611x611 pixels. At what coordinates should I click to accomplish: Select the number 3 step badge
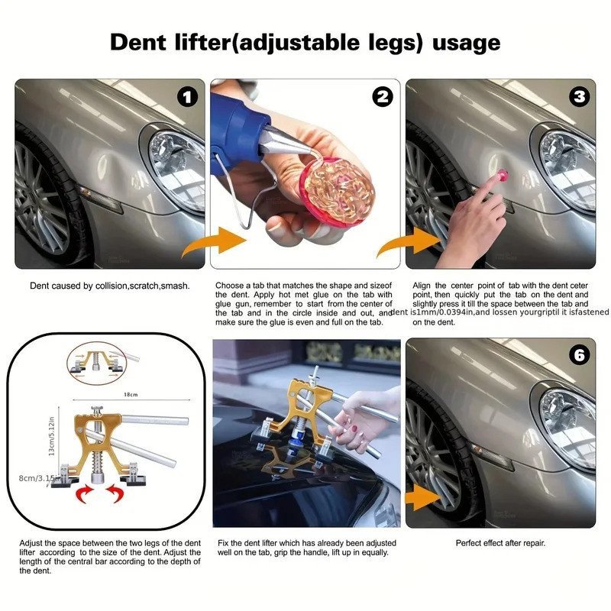(579, 97)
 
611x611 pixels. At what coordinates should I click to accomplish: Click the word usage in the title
(467, 42)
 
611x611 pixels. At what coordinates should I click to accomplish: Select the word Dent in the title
(138, 42)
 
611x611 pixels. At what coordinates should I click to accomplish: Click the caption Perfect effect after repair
(500, 543)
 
